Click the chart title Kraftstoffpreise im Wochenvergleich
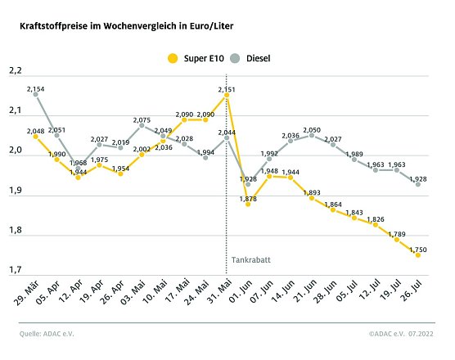coord(127,26)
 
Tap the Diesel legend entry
coord(250,58)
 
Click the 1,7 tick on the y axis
coord(15,270)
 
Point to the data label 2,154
coord(35,88)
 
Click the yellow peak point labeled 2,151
coord(227,96)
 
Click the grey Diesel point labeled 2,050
coord(311,136)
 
